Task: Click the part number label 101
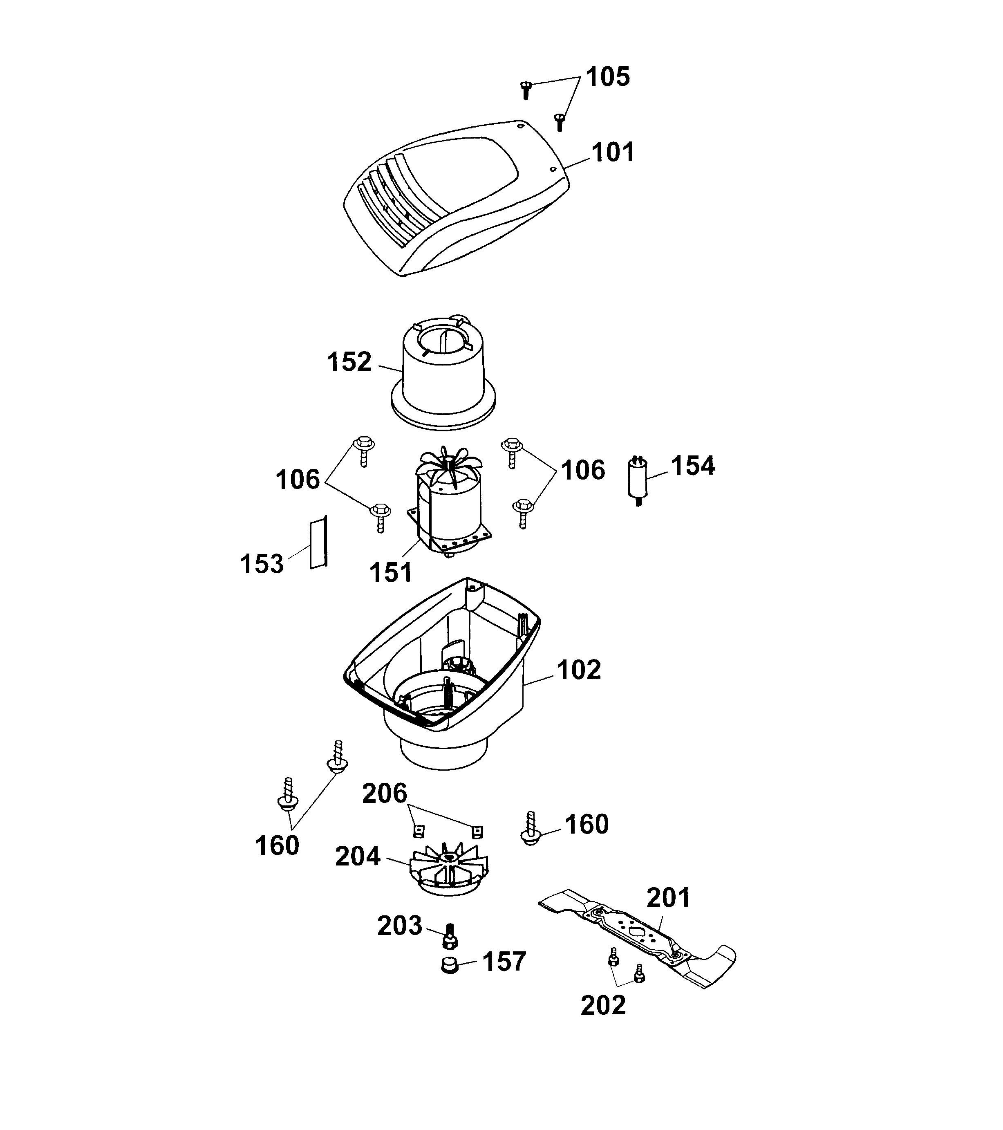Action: [612, 152]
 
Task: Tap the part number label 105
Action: [607, 76]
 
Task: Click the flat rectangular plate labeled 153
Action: [318, 542]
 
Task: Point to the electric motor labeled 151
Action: [449, 509]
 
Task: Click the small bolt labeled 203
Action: [449, 936]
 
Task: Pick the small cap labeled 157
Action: [450, 965]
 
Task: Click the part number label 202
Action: [603, 1005]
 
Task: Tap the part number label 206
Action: [385, 793]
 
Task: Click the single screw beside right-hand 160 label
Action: [530, 829]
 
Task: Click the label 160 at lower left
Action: [277, 845]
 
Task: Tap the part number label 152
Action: [349, 362]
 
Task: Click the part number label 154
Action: [692, 466]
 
